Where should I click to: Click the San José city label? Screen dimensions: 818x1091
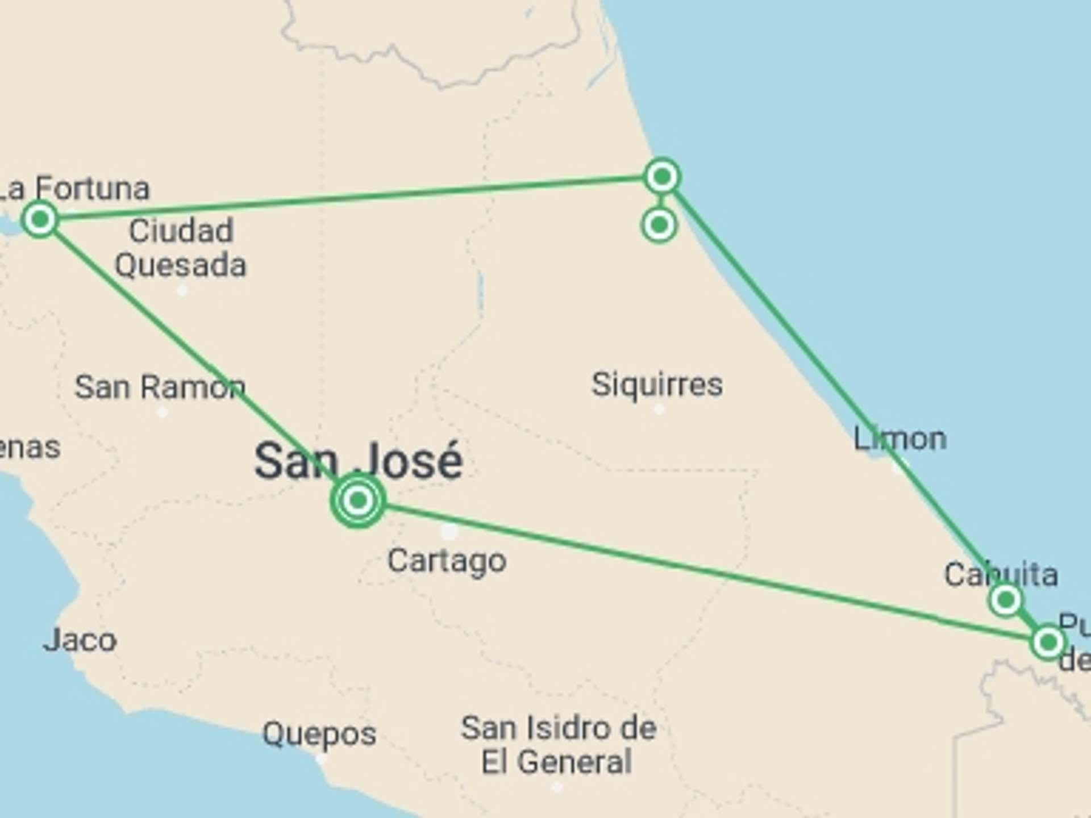click(x=359, y=461)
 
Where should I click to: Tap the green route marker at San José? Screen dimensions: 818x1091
click(x=358, y=500)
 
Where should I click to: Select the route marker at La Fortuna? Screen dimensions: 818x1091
click(x=40, y=219)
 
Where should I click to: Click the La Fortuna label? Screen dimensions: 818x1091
click(x=74, y=189)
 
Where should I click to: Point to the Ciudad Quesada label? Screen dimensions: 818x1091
click(x=181, y=248)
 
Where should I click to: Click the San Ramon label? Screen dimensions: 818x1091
click(x=160, y=387)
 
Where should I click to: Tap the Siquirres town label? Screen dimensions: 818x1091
click(x=657, y=385)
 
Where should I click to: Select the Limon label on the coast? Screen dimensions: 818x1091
click(x=900, y=439)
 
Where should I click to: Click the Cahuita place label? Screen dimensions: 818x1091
click(x=1001, y=575)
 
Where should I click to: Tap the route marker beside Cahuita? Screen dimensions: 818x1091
click(x=1005, y=599)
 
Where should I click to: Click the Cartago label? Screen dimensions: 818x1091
click(x=447, y=561)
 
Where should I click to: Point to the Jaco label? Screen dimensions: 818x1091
click(x=80, y=641)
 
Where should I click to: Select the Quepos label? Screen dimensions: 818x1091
click(x=319, y=734)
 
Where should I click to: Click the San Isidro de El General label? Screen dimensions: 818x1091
click(x=558, y=745)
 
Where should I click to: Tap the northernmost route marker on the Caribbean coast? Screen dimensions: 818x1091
click(x=662, y=177)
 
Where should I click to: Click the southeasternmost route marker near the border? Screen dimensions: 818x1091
click(x=1047, y=642)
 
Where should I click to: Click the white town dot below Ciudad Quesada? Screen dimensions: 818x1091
click(x=182, y=291)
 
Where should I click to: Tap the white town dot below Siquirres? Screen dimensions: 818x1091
click(x=659, y=409)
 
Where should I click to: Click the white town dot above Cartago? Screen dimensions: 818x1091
click(x=449, y=532)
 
